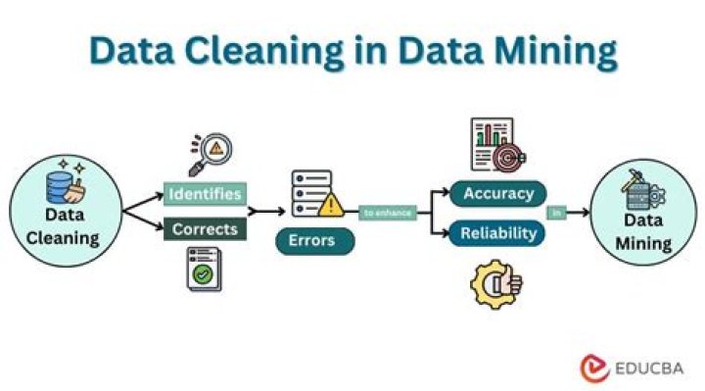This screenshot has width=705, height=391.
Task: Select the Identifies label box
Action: pos(204,193)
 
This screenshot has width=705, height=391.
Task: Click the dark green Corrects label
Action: pos(204,229)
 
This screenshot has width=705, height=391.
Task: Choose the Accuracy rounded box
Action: pos(497,193)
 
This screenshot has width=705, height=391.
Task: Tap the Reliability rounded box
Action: pos(497,233)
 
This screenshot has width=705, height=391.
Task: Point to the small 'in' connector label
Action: pos(555,212)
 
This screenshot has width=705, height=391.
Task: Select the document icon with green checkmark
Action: pos(204,269)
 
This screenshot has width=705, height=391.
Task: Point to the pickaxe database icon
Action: pos(641,187)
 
